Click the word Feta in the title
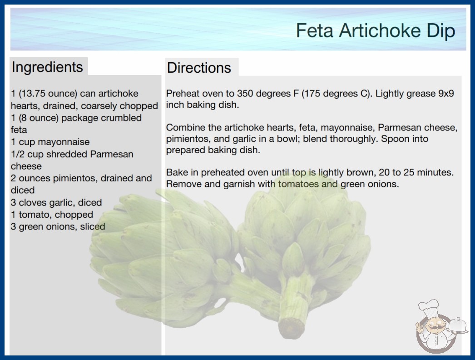(315, 30)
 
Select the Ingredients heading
(47, 67)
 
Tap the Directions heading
(199, 68)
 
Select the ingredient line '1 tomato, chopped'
(52, 215)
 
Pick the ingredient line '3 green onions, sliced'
(58, 226)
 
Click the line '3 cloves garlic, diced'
(56, 202)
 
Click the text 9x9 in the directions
(446, 94)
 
